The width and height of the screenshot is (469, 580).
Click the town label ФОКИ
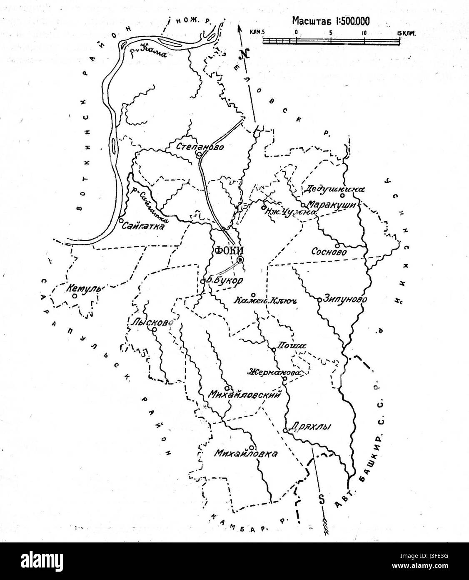[226, 250]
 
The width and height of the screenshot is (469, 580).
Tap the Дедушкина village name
[334, 189]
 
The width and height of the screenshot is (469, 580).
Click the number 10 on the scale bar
[364, 32]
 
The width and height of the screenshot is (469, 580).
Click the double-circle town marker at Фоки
[240, 260]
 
